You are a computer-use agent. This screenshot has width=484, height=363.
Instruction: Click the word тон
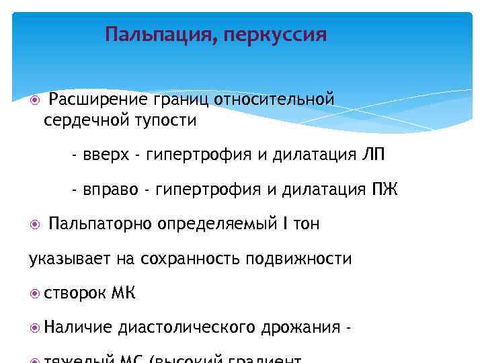click(306, 224)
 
